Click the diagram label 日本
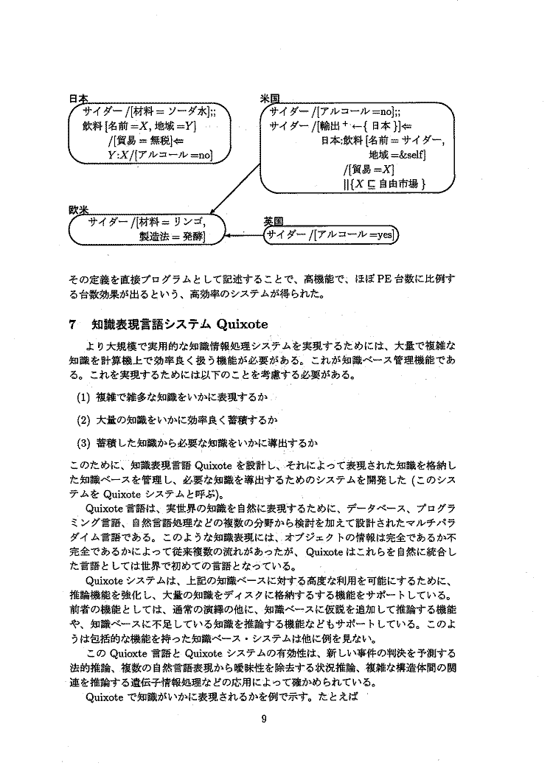click(78, 98)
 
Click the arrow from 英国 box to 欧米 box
click(244, 236)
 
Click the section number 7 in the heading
click(72, 323)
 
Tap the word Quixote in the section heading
click(241, 323)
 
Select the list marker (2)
click(83, 421)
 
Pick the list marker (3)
click(83, 443)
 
